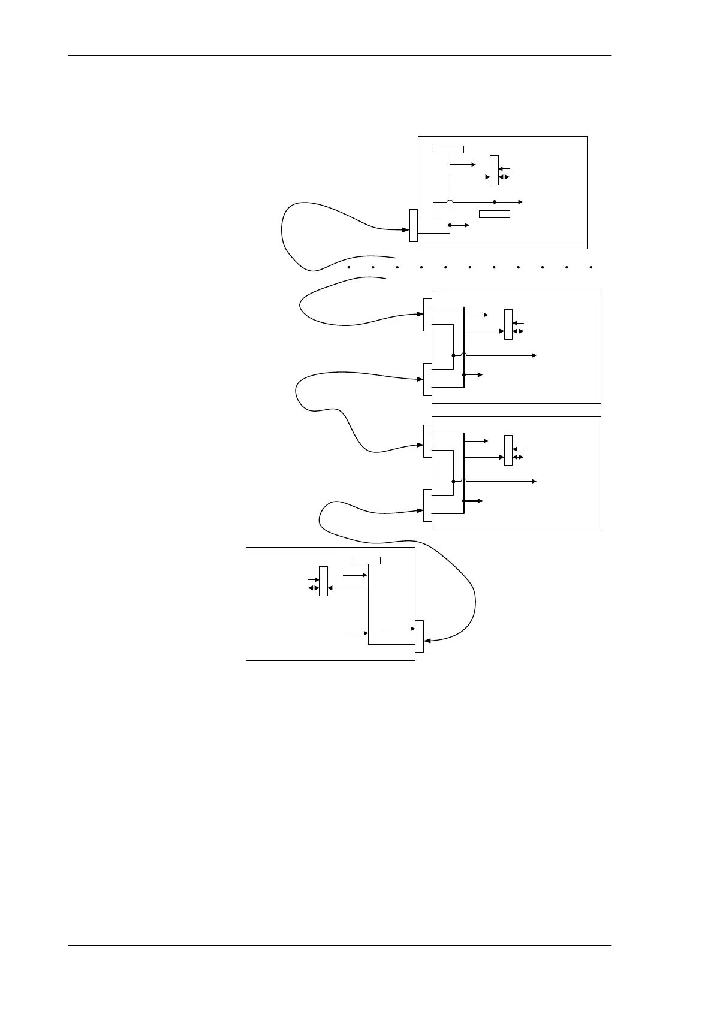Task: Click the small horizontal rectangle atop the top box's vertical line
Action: [x=448, y=149]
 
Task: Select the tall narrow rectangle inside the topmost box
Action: [x=494, y=170]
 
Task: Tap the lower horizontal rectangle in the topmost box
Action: [x=495, y=214]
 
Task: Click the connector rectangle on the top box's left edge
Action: [x=414, y=225]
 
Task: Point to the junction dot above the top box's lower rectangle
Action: [x=495, y=202]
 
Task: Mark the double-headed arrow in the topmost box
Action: [x=504, y=177]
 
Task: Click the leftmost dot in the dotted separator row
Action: [x=348, y=267]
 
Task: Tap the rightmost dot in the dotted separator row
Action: [x=591, y=267]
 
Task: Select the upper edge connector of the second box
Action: [x=427, y=314]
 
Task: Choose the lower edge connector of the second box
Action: [x=427, y=379]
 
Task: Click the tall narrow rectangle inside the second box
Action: [x=508, y=324]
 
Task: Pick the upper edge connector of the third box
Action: [x=427, y=441]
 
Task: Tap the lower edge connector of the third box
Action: [x=427, y=505]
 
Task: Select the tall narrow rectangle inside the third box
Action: [x=508, y=450]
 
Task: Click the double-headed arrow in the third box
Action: [x=519, y=457]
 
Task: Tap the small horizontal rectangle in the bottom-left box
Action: [x=367, y=560]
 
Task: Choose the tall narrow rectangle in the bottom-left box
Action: [x=323, y=581]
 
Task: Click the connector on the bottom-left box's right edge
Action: [x=419, y=636]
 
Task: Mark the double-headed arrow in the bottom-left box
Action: [x=313, y=588]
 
